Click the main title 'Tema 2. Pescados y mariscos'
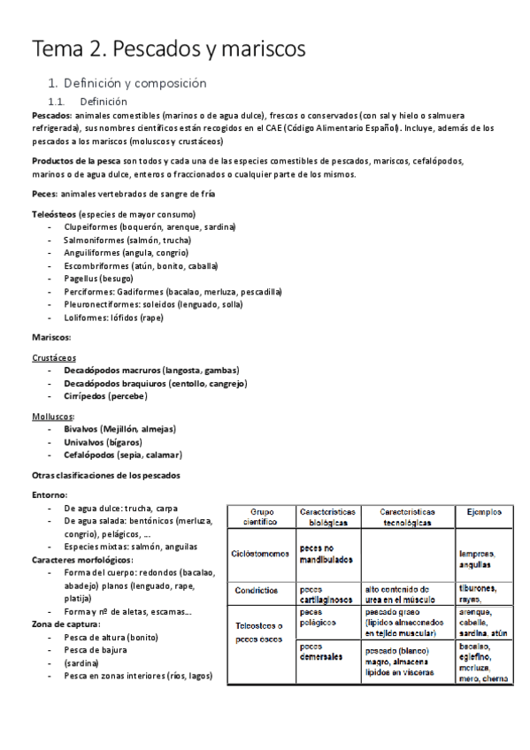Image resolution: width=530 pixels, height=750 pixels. pos(168,50)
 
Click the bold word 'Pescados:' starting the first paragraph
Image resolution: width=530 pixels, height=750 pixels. pos(52,115)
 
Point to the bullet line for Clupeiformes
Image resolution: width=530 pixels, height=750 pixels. pos(150,227)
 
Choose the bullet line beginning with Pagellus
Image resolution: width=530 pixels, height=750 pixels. pos(98,278)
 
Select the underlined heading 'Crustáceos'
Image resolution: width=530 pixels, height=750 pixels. pos(54,357)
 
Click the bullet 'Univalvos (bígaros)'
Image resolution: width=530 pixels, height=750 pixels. pos(103,441)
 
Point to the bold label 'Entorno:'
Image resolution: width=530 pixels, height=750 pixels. pos(50,495)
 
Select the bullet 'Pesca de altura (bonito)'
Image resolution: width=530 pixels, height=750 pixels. pos(111,637)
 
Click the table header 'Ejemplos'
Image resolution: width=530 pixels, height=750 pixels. pos(484,511)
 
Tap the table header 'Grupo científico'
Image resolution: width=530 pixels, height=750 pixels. pos(263,517)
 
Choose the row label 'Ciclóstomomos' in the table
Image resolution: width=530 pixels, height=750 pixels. pos(263,554)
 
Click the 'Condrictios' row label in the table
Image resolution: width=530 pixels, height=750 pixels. pos(257,590)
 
